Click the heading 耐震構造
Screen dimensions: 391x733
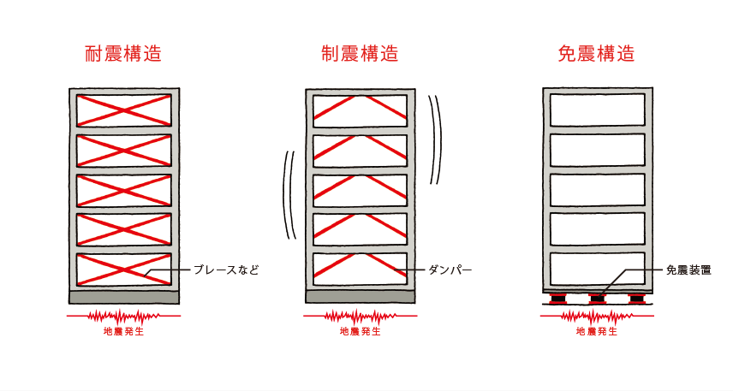point(123,54)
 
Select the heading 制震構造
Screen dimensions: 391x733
point(360,54)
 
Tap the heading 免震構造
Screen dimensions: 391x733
point(596,54)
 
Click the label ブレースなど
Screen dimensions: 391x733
point(223,270)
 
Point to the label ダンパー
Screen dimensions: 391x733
point(450,270)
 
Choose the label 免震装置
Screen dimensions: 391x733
point(688,270)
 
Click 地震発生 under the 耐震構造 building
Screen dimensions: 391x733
point(123,331)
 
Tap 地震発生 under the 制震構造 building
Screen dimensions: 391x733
point(360,331)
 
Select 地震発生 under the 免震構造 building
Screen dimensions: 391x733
point(596,331)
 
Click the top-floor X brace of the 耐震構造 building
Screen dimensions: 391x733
point(123,110)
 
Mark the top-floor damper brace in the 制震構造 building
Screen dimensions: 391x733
point(360,106)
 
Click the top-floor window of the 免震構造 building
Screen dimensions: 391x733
point(596,110)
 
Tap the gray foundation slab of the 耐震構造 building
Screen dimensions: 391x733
point(123,297)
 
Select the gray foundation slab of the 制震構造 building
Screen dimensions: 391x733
point(360,296)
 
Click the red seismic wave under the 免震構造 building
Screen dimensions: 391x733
point(596,317)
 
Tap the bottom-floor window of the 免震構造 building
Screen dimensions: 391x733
point(596,269)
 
